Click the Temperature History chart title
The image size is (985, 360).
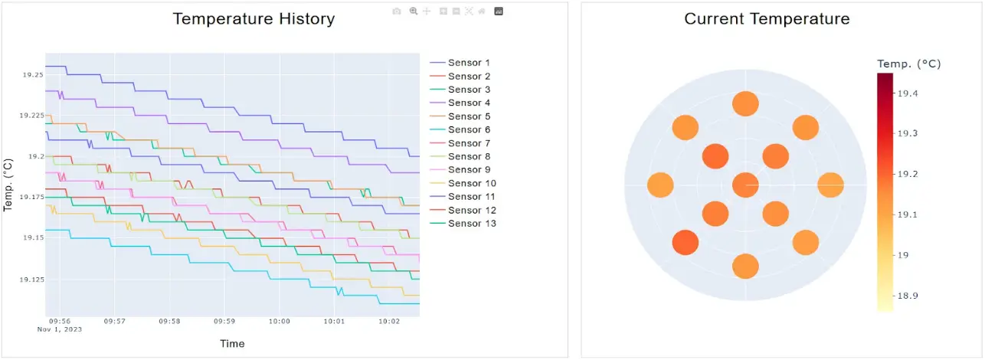click(x=254, y=19)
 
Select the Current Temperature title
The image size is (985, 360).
click(x=767, y=19)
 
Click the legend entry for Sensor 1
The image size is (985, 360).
click(x=469, y=63)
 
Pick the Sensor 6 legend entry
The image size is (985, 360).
click(x=469, y=129)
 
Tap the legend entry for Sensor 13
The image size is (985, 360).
click(x=472, y=224)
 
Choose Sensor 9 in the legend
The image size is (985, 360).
click(x=469, y=170)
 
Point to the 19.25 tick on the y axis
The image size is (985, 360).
click(x=33, y=75)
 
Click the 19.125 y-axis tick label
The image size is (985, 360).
click(x=31, y=280)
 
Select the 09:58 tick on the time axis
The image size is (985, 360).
click(x=170, y=322)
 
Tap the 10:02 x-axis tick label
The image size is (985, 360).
click(x=390, y=322)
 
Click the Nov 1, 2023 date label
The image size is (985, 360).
click(x=60, y=329)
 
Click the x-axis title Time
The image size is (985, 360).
click(x=232, y=344)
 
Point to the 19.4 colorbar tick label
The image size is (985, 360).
click(x=908, y=93)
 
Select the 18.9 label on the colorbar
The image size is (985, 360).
click(x=908, y=296)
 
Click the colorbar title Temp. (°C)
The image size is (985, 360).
click(x=909, y=64)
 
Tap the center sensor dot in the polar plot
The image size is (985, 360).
click(x=745, y=185)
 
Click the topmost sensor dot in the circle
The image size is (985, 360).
click(x=745, y=103)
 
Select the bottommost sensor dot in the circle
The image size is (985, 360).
click(x=745, y=266)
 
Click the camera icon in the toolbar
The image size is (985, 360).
click(x=396, y=11)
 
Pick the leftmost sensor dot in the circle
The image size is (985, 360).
click(x=660, y=185)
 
